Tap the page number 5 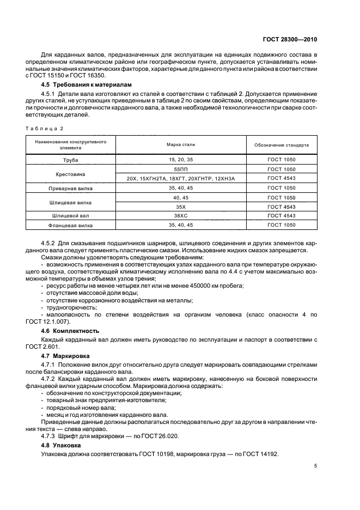click(x=316, y=465)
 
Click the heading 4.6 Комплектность click(x=70, y=331)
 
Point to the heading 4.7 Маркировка click(x=66, y=355)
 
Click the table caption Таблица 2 click(x=44, y=128)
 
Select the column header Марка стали click(x=181, y=145)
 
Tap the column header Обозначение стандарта click(x=282, y=145)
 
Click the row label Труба click(x=70, y=162)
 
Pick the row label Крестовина click(x=70, y=174)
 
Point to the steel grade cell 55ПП click(x=181, y=170)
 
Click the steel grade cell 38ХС click(x=181, y=216)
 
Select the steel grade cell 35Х click(x=181, y=207)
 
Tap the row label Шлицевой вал click(x=70, y=216)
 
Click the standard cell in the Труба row click(x=282, y=162)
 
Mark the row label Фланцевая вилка click(x=70, y=224)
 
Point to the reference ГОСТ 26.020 click(x=156, y=436)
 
